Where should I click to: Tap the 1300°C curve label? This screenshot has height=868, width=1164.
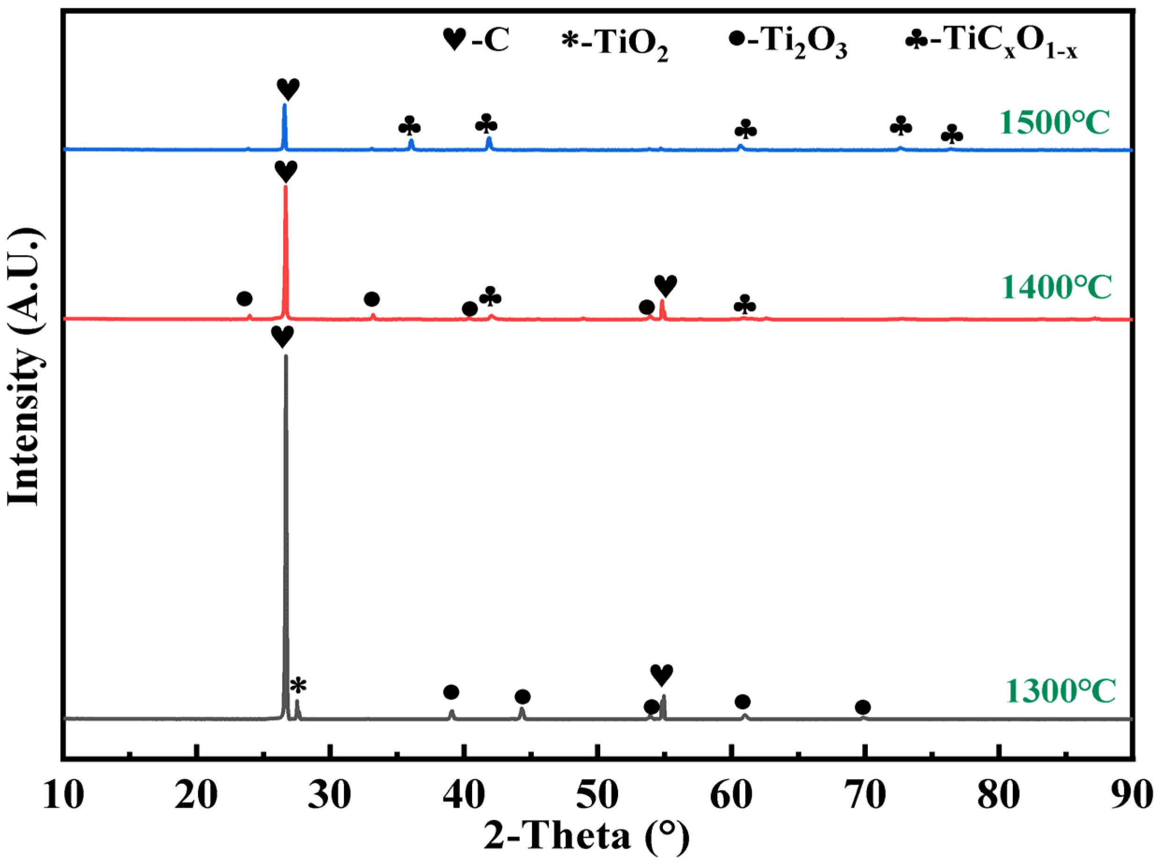pos(1060,691)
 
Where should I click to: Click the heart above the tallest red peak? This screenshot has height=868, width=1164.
pos(286,171)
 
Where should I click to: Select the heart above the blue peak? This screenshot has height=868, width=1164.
pos(288,89)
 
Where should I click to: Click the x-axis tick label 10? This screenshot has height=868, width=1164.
pos(63,795)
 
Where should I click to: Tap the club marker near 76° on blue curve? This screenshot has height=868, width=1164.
pos(952,136)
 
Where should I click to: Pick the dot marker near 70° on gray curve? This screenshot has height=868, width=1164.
pos(863,707)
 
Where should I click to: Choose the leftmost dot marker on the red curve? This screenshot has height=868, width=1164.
pos(244,299)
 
